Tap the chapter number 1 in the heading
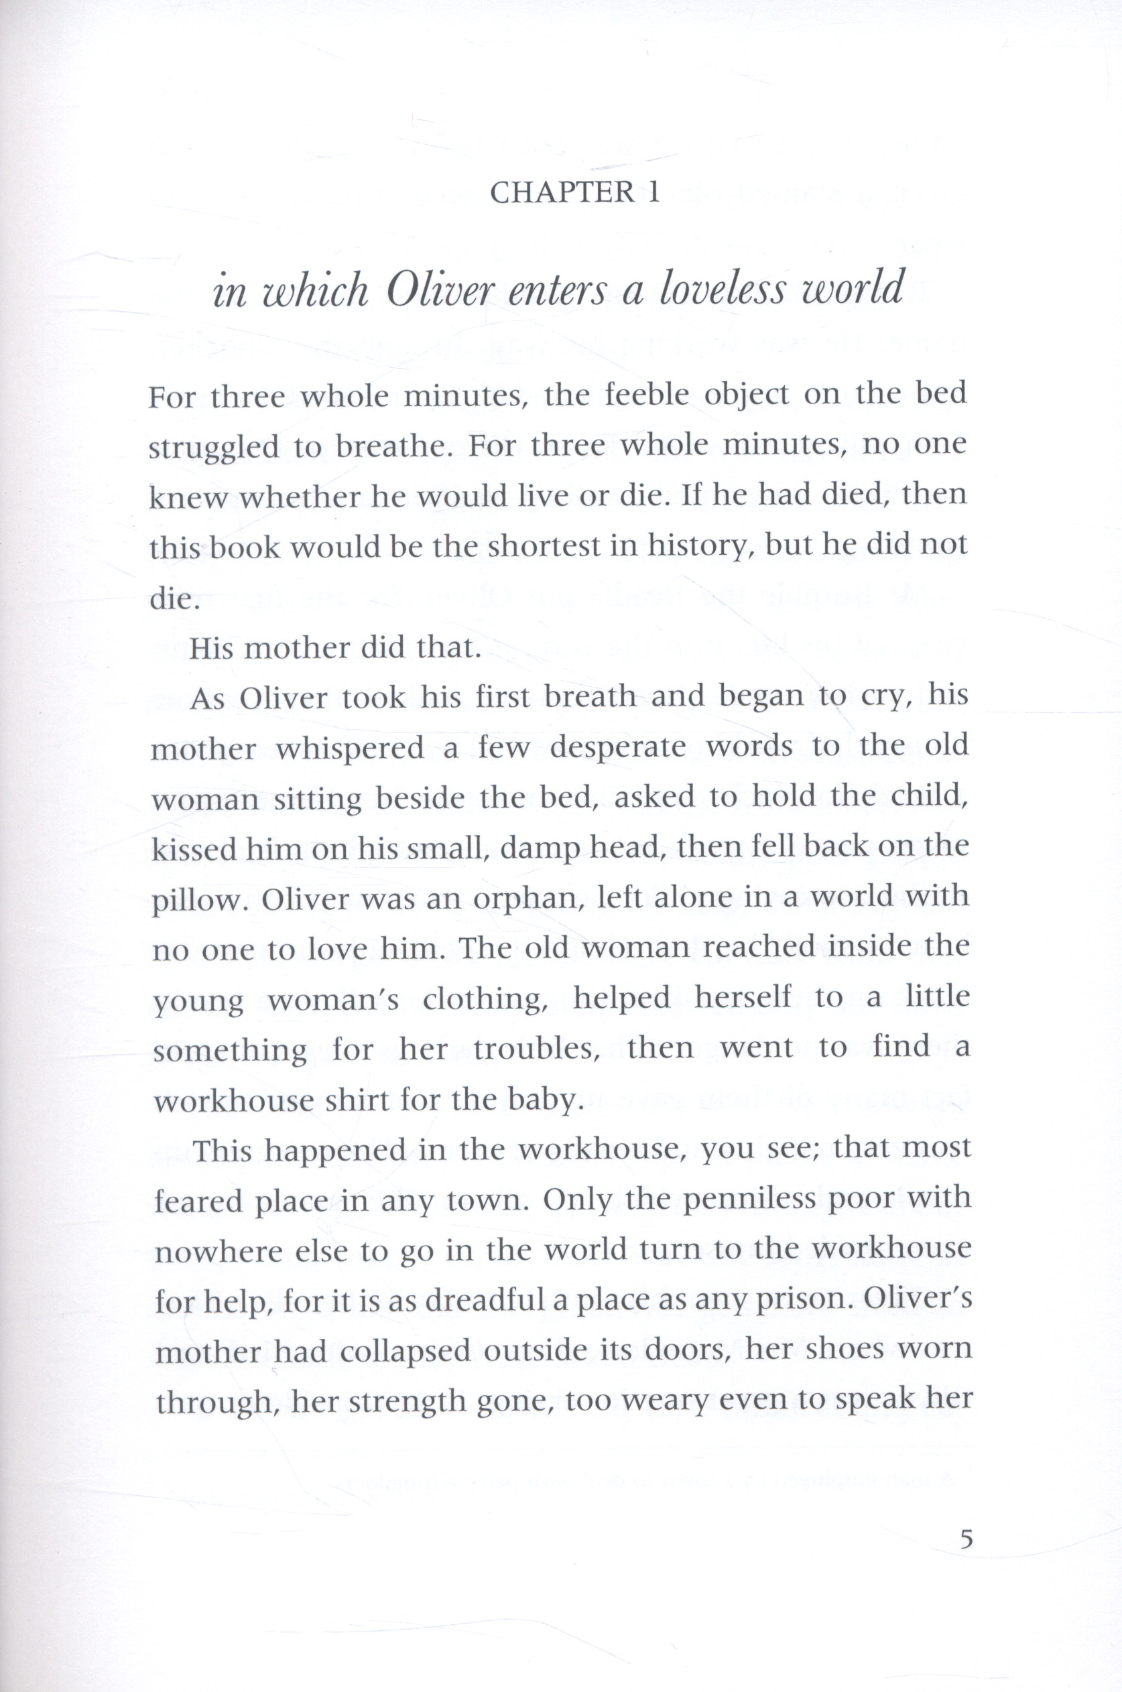pos(653,193)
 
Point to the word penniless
pos(749,1201)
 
